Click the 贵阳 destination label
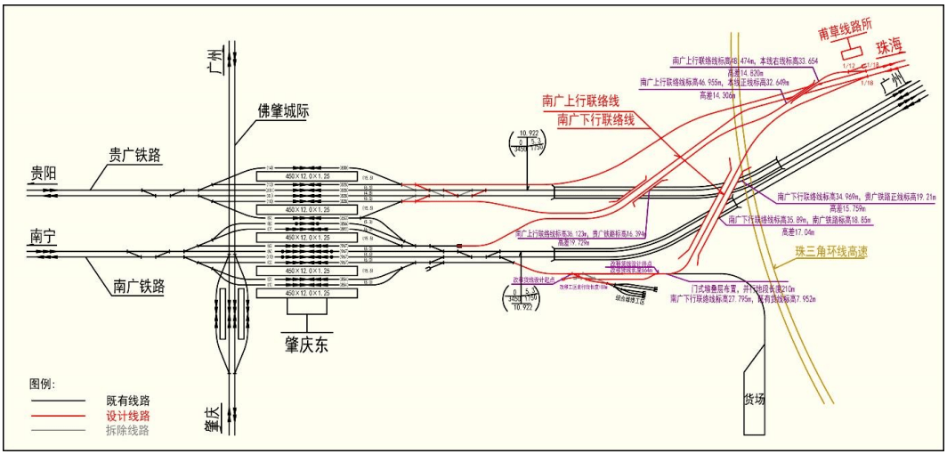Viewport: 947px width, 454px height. [44, 173]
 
